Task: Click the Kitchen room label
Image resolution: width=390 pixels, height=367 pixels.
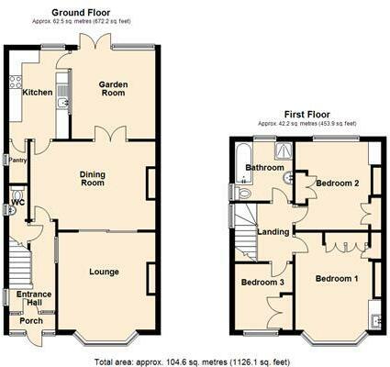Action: (38, 92)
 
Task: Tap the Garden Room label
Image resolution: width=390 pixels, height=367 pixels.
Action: (114, 88)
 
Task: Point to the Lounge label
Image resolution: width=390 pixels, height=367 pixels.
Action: (104, 272)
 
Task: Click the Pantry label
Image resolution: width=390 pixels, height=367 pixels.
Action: (18, 160)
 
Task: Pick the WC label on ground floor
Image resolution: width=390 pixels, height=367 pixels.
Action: (18, 202)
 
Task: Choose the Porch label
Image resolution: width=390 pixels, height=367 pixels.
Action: (31, 321)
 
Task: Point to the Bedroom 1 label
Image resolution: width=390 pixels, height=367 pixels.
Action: (333, 278)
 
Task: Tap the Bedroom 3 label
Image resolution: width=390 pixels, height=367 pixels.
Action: (260, 282)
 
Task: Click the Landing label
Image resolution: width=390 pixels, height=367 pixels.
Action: (273, 231)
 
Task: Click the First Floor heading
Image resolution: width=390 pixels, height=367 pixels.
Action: (306, 113)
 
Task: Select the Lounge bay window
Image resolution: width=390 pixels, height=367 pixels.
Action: (102, 340)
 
